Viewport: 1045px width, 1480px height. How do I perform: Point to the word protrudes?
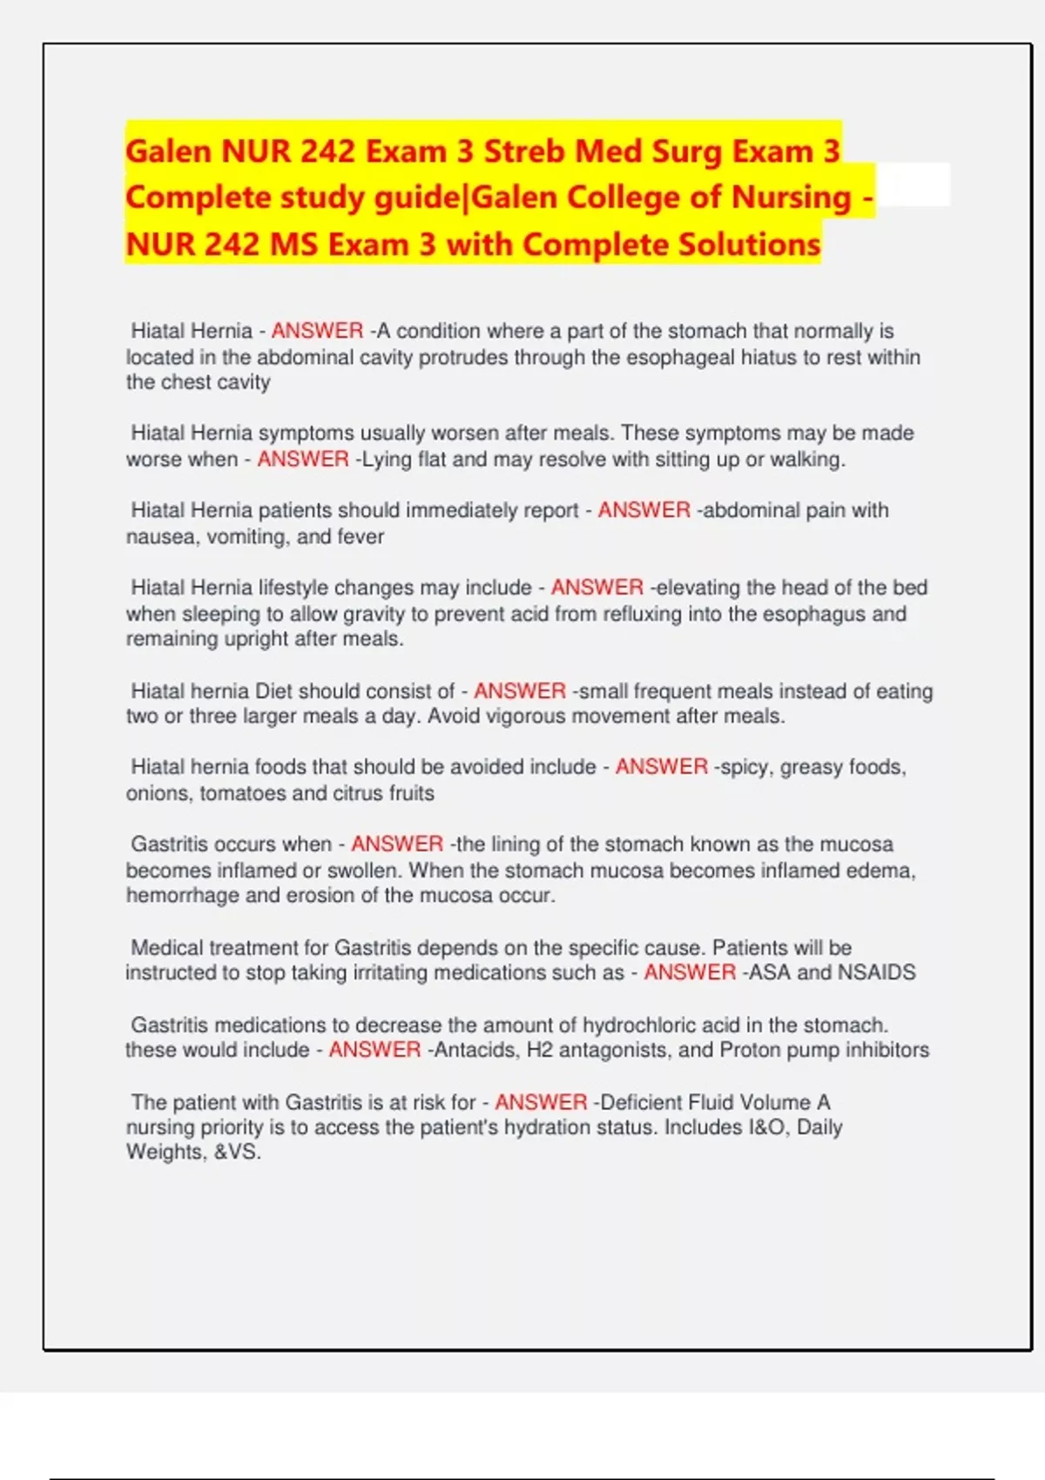coord(462,357)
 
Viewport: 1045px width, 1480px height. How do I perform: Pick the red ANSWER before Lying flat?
coord(303,459)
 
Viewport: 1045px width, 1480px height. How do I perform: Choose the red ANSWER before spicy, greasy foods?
coord(662,767)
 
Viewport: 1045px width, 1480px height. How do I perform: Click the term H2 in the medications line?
coord(540,1050)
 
